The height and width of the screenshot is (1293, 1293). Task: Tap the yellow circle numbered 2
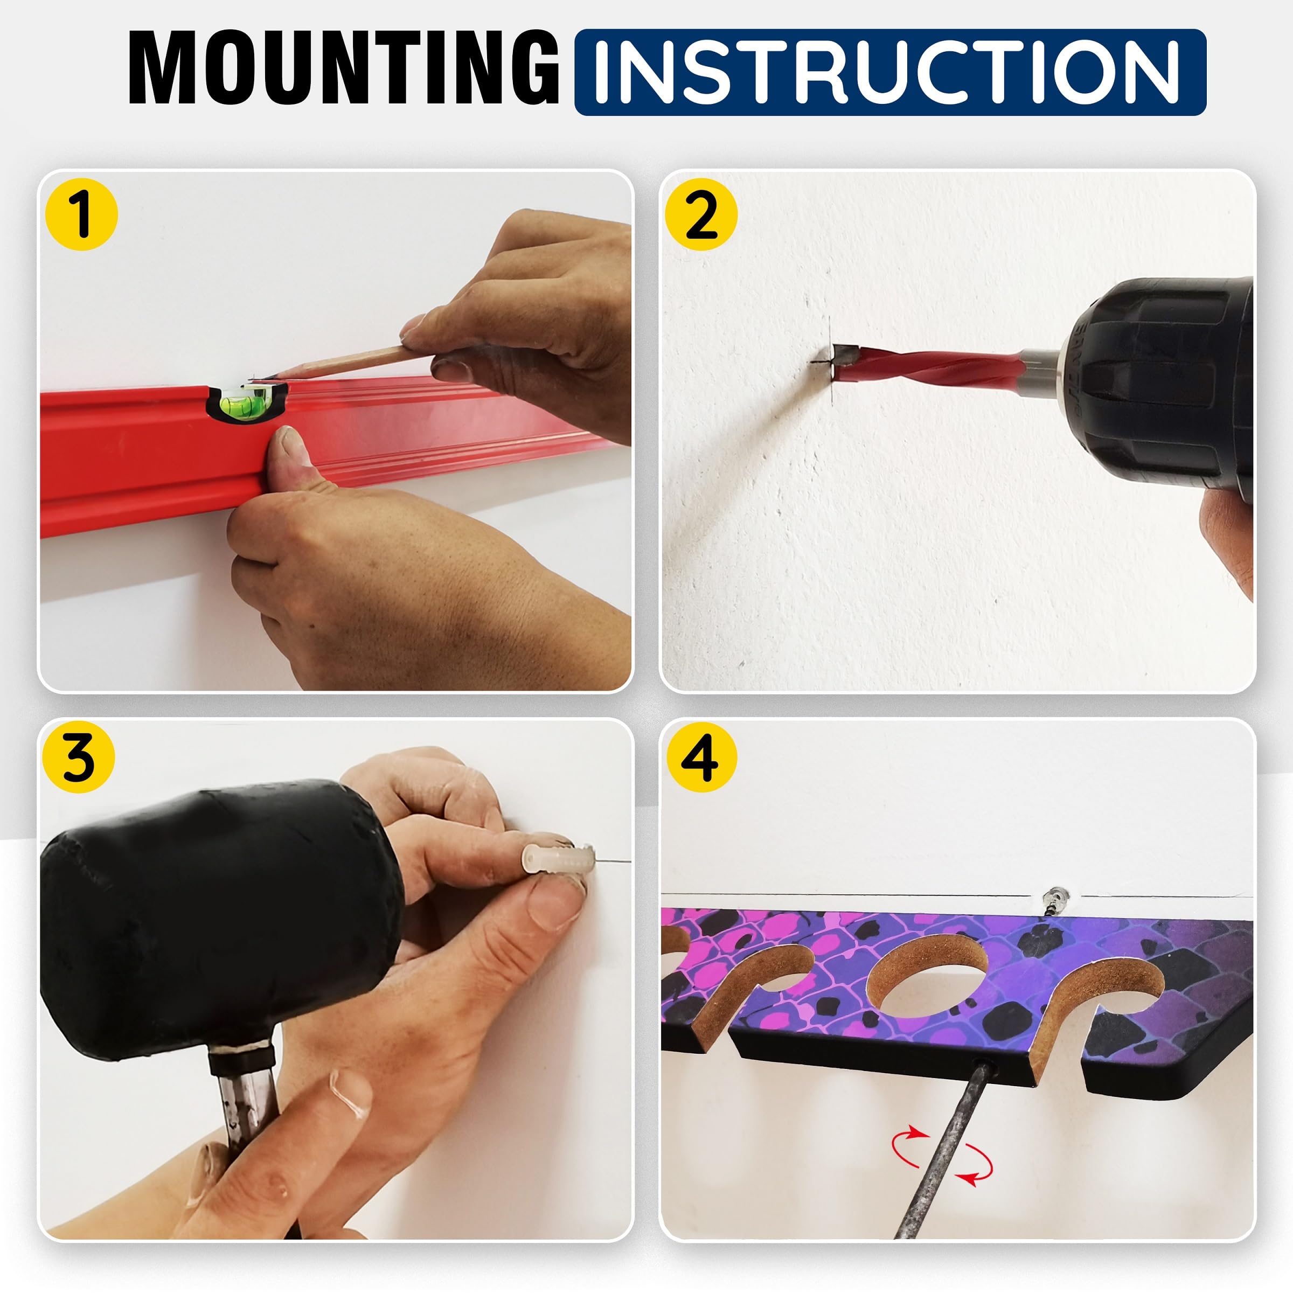point(701,214)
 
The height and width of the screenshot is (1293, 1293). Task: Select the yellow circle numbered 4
point(701,757)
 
